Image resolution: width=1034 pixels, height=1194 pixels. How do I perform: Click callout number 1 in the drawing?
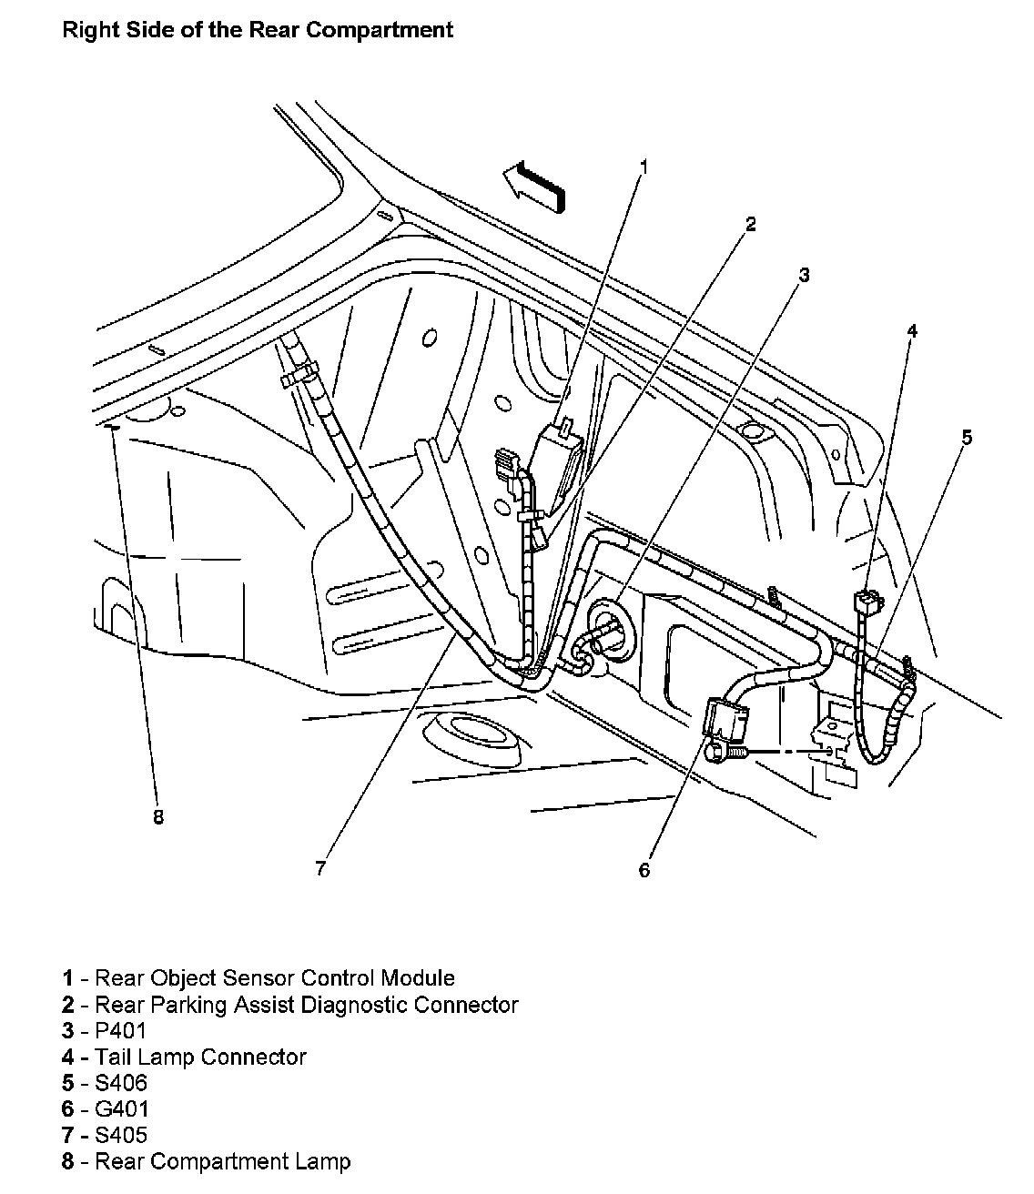644,167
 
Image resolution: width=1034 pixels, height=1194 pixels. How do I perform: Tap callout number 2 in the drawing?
750,224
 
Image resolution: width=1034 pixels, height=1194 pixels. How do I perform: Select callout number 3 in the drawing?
804,275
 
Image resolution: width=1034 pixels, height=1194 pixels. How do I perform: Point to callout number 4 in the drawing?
912,329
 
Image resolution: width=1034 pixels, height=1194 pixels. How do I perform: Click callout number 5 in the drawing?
967,438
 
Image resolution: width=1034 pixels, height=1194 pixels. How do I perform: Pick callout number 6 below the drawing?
644,870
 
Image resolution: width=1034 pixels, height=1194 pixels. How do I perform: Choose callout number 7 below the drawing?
320,868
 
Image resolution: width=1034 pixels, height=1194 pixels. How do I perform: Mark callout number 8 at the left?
158,817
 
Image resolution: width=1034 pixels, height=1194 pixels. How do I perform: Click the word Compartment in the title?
380,29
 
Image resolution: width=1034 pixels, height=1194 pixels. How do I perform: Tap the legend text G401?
122,1108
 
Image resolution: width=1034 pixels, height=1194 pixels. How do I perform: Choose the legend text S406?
121,1083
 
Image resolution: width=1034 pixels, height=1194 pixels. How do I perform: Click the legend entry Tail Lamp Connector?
200,1057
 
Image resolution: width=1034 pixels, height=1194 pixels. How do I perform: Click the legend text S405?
121,1135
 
